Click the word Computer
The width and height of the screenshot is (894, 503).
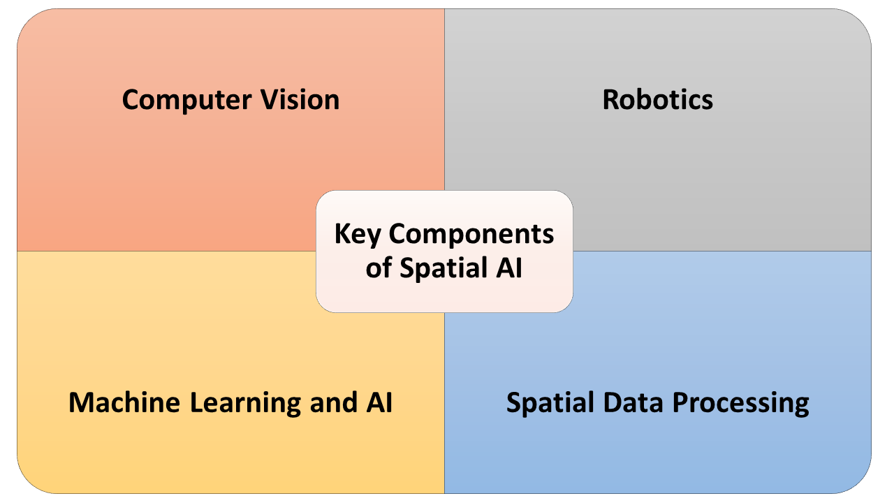(186, 100)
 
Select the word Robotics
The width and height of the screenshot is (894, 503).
(657, 100)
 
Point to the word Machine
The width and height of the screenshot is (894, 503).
(119, 403)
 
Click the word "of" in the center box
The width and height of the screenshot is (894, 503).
(379, 269)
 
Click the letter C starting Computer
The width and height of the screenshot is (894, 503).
(131, 100)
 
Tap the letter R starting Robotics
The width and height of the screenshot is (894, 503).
(610, 100)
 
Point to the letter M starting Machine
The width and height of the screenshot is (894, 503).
(81, 403)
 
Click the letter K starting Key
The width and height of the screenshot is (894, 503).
(342, 235)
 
